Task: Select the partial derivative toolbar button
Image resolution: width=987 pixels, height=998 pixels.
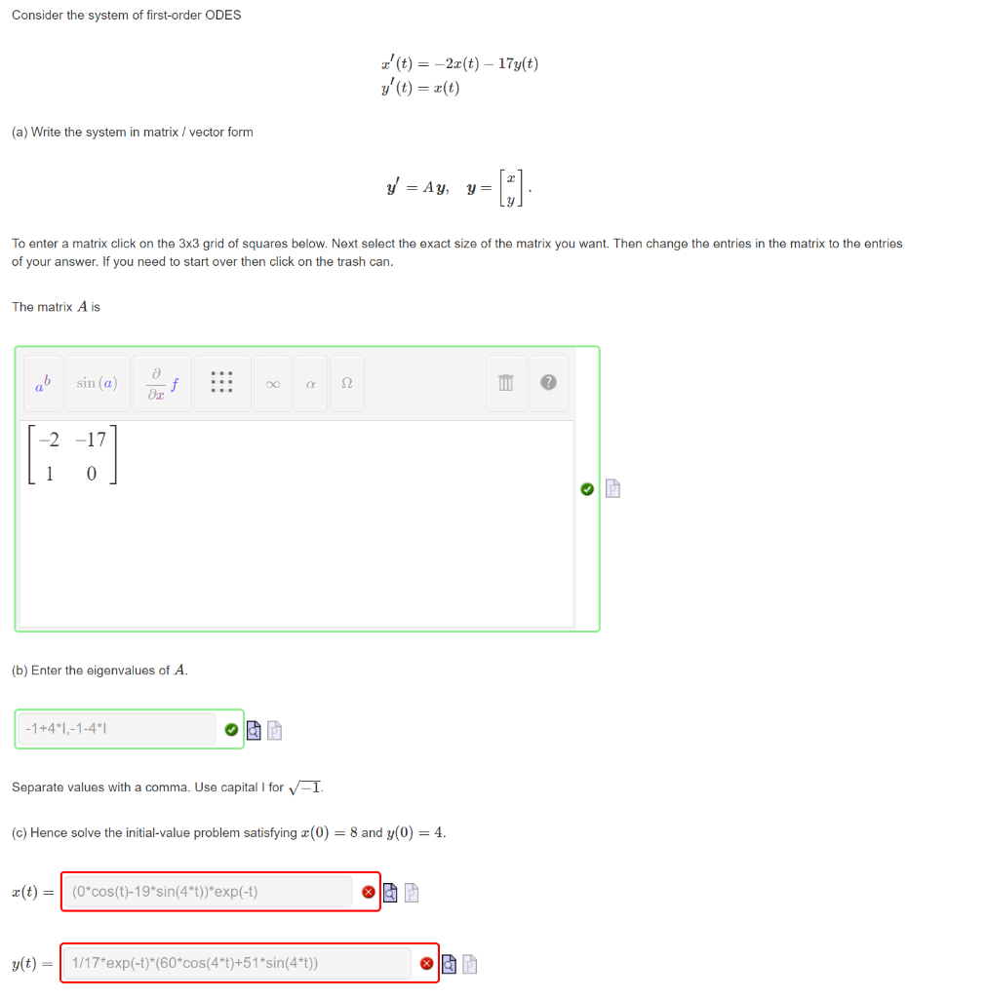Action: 163,383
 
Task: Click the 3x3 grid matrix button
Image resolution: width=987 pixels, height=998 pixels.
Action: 221,383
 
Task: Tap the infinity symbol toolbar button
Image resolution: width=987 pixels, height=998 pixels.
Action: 272,384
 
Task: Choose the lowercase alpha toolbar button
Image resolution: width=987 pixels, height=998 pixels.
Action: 310,384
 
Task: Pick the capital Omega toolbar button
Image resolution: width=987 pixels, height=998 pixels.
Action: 346,384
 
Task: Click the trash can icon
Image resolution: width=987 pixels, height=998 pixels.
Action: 505,384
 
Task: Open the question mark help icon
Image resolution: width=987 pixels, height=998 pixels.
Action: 548,384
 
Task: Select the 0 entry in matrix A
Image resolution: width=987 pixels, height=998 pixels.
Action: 91,475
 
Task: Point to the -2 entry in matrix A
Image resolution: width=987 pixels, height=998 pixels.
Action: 48,441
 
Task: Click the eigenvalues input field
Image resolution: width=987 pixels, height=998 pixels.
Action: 115,729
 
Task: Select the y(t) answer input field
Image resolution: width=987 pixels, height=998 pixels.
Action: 239,964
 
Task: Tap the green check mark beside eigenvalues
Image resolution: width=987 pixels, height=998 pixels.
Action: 230,729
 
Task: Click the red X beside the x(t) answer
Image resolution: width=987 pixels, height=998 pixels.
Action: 368,892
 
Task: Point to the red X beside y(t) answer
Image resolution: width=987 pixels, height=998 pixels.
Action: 426,964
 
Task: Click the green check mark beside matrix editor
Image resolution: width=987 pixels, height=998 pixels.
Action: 586,489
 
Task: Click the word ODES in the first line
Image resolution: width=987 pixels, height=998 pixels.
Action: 223,15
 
